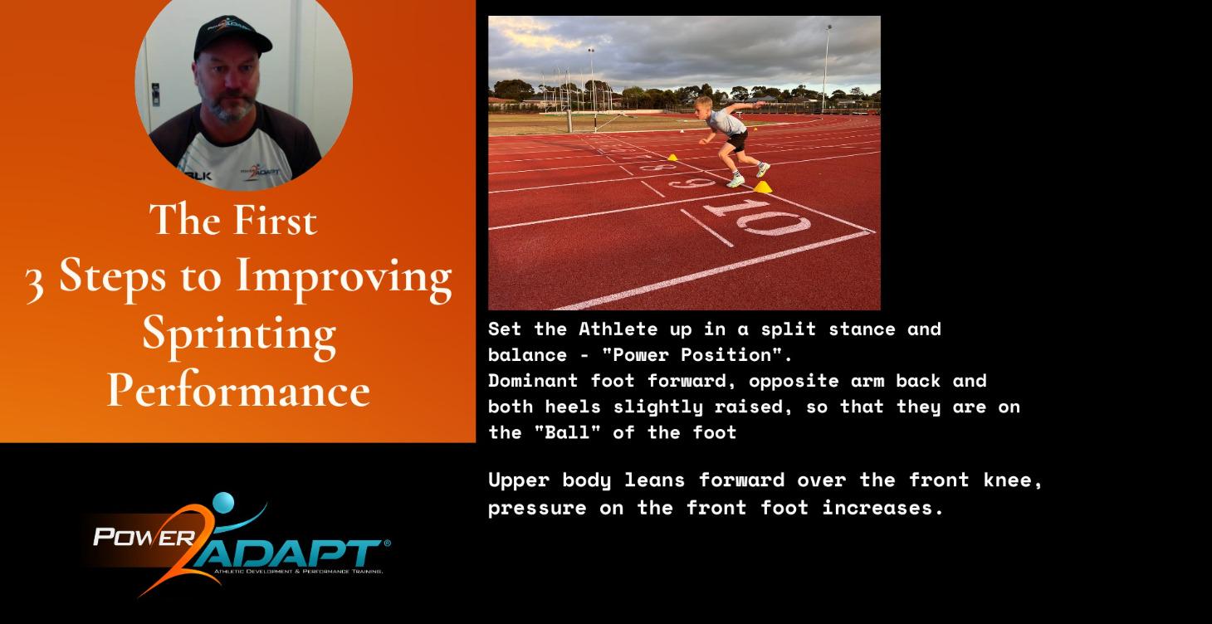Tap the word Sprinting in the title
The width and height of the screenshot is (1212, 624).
(x=239, y=334)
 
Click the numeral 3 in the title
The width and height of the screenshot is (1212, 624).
(x=34, y=280)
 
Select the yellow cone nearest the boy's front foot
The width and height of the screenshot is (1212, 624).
(x=762, y=187)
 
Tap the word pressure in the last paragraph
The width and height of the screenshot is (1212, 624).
(x=537, y=508)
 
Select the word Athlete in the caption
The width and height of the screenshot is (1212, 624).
(x=618, y=329)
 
